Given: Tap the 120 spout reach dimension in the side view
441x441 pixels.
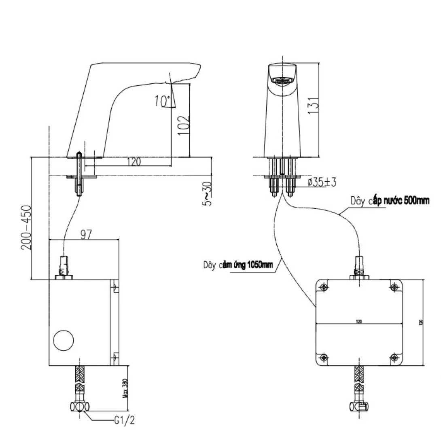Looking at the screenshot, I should pyautogui.click(x=134, y=162).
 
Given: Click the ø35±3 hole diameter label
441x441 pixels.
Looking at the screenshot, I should pyautogui.click(x=322, y=182).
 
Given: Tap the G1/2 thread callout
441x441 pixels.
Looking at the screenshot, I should pyautogui.click(x=124, y=421).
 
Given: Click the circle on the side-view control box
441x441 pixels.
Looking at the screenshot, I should pyautogui.click(x=64, y=340).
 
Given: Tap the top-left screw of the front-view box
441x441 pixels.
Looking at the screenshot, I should pyautogui.click(x=323, y=288).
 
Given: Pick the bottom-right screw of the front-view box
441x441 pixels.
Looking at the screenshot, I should pyautogui.click(x=394, y=357).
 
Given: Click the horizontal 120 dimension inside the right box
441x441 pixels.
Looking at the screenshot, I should pyautogui.click(x=359, y=322).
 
